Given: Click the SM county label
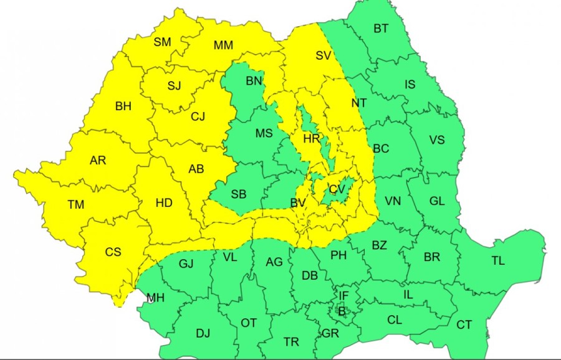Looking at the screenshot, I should [x=162, y=42].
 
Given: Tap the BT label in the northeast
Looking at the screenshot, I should [x=381, y=29].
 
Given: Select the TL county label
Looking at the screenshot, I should [x=497, y=261].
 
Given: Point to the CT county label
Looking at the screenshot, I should [x=464, y=324].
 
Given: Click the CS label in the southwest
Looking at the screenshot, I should [x=113, y=252].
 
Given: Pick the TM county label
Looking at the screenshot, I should [x=76, y=204].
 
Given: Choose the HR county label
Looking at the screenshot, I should [x=312, y=139].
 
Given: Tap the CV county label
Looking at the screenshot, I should [x=337, y=189].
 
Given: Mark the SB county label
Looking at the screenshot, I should [x=239, y=194].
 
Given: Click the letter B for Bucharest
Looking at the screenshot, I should [x=342, y=310].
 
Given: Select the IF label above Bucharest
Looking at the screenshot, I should [x=343, y=295].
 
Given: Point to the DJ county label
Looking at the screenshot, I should [x=203, y=333].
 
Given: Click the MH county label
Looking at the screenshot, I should [x=155, y=298].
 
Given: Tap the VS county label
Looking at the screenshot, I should [x=437, y=140].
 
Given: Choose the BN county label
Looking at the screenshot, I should [x=254, y=81].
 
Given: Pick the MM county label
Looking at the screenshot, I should [x=223, y=45].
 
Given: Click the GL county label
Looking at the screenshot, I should [x=437, y=201].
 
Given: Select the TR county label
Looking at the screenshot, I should [x=291, y=342].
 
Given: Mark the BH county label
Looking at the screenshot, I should [x=123, y=107].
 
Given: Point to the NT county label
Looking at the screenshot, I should [x=359, y=103].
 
